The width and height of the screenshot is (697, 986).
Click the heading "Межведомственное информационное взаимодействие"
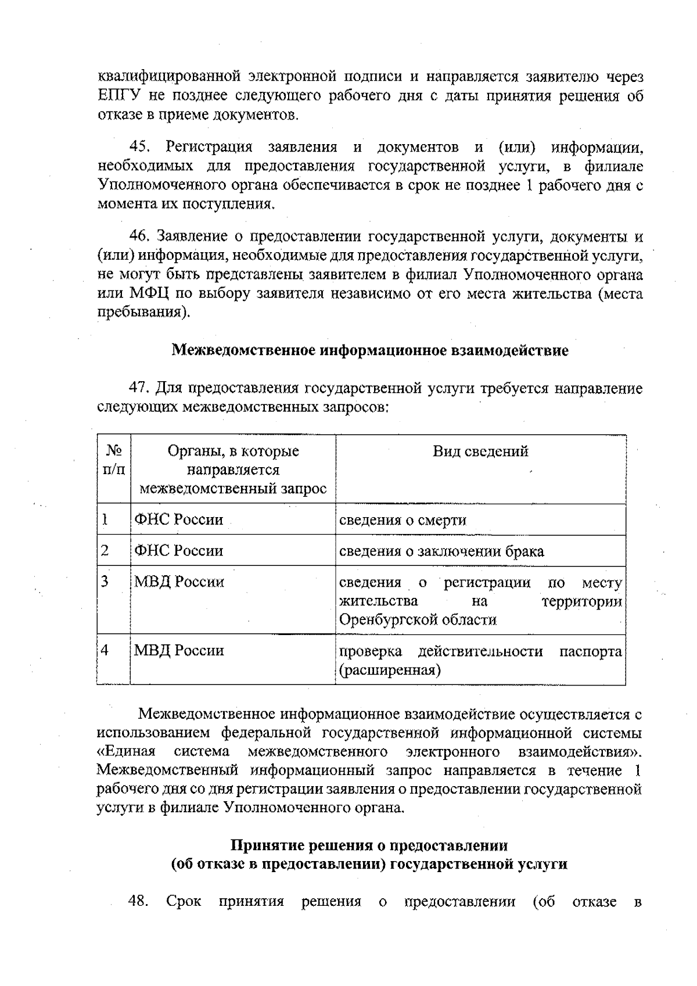[370, 351]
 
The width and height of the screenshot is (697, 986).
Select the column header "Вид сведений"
[480, 451]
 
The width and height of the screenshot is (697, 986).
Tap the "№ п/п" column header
[114, 460]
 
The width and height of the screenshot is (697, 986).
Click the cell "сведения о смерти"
[403, 520]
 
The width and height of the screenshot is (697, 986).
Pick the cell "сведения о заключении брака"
[441, 551]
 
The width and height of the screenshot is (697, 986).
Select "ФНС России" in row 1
[179, 519]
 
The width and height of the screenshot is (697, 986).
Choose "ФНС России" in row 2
[179, 550]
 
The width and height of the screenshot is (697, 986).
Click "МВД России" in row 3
[179, 582]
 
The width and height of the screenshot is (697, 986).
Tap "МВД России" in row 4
[179, 650]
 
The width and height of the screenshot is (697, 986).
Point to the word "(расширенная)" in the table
[390, 671]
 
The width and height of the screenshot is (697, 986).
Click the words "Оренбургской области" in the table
[418, 620]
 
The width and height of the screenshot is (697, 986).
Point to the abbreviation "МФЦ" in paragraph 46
[149, 293]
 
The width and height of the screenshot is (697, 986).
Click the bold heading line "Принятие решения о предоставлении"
[369, 845]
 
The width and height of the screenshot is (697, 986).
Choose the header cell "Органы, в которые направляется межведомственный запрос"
[233, 469]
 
